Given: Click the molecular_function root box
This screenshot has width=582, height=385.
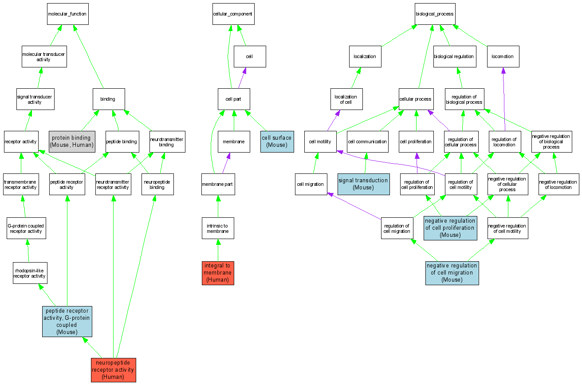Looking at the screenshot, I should click(67, 14).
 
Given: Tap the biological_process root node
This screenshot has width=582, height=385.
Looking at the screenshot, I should click(435, 14).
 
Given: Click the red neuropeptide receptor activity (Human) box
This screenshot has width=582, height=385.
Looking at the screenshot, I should click(113, 370).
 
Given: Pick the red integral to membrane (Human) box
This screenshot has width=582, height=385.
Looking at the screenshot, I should click(218, 273).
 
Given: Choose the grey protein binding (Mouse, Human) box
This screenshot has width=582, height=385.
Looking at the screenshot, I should click(72, 141).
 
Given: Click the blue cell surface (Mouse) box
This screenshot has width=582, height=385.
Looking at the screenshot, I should click(277, 141).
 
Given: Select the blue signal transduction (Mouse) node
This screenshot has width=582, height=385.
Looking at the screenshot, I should click(363, 184).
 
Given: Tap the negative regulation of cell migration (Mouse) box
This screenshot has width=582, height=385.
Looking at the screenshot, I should click(452, 273).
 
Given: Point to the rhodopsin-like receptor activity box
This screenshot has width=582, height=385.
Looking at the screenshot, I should click(30, 273).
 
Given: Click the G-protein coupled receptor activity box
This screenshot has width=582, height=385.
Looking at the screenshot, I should click(26, 228).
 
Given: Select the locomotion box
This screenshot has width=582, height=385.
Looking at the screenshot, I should click(503, 57).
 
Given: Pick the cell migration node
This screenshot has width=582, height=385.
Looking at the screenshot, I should click(311, 184).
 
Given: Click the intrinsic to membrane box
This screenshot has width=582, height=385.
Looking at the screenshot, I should click(218, 228).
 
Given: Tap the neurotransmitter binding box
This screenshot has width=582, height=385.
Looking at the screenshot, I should click(167, 141).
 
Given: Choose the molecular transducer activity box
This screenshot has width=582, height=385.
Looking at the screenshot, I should click(44, 57).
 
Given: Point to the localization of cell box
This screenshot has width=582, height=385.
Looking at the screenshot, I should click(346, 99).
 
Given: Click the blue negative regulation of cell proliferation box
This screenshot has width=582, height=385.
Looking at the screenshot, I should click(450, 228).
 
